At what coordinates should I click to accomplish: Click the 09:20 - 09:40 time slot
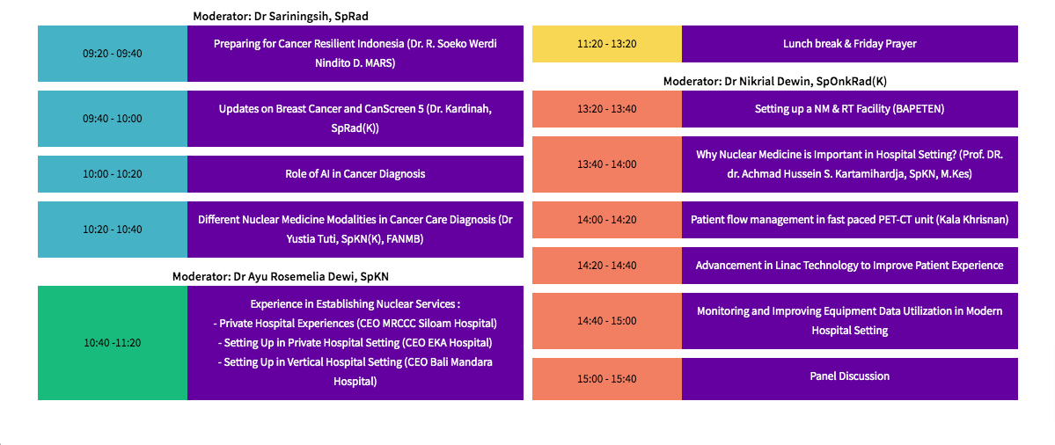coord(113,54)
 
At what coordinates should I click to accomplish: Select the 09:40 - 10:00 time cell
coord(113,119)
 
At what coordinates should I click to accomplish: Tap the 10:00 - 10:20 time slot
coord(113,174)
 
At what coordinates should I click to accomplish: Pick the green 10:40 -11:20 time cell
coord(113,343)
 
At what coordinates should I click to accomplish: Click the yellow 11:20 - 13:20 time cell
coord(607,44)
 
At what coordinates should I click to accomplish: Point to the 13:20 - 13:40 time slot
coord(607,109)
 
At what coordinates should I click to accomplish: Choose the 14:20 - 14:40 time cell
coord(607,266)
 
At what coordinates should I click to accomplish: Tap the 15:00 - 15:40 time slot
coord(607,379)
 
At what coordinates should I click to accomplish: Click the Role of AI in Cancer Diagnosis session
coord(355,174)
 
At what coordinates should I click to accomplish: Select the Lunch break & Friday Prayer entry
coord(850,44)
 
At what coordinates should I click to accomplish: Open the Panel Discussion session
coord(850,376)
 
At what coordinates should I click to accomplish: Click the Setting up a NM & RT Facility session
coord(850,109)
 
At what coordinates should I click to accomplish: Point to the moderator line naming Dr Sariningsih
coord(281,16)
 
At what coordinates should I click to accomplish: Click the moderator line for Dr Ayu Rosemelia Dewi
coord(281,276)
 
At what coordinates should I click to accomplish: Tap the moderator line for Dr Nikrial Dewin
coord(775,81)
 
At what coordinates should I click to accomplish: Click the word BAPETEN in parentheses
coord(919,109)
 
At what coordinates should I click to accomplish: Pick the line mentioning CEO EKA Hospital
coord(355,343)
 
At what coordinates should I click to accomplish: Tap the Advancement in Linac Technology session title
coord(850,266)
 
